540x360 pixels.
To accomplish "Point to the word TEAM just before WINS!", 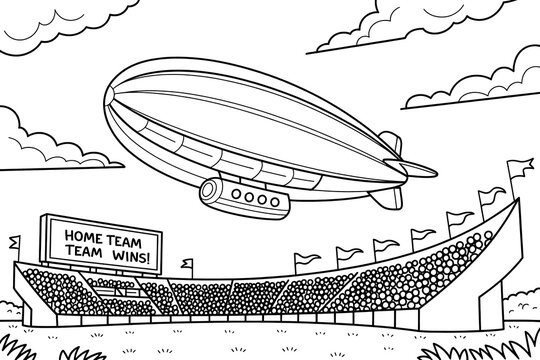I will point(87,255).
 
